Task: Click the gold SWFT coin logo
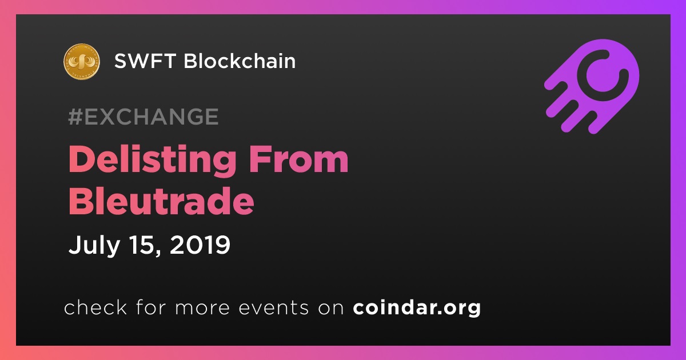(81, 62)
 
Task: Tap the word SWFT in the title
(145, 61)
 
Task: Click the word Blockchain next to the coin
(240, 61)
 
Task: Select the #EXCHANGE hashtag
(143, 117)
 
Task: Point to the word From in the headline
(298, 159)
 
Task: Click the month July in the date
(94, 245)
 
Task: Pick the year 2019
(200, 245)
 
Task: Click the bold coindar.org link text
(417, 308)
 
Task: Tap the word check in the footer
(95, 307)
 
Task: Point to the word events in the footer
(274, 307)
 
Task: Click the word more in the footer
(202, 308)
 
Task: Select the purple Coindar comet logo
(592, 87)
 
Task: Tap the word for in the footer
(151, 307)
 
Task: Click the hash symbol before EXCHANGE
(75, 117)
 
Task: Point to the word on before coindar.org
(331, 308)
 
